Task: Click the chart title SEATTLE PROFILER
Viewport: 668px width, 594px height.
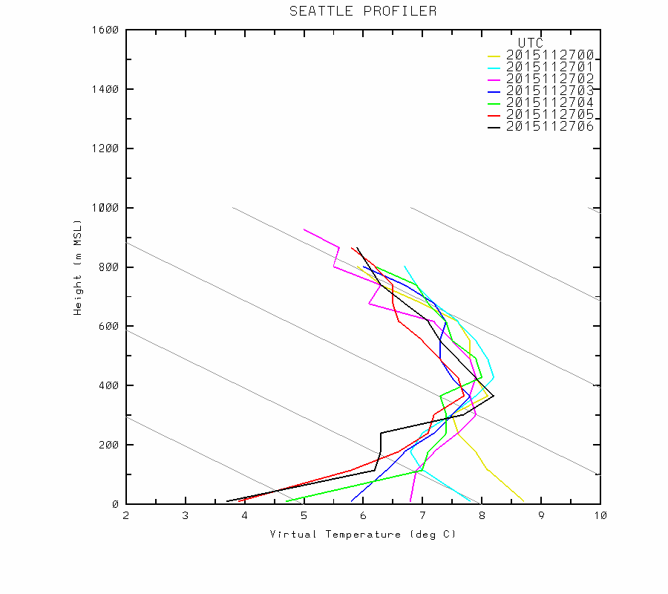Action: tap(363, 11)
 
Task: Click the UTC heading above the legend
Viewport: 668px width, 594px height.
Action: tap(531, 43)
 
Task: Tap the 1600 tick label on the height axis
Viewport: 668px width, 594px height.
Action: tap(105, 30)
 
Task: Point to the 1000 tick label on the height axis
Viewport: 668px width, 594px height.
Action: tap(105, 208)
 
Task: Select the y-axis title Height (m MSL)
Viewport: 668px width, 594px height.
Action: tap(77, 267)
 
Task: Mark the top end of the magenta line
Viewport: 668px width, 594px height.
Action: tap(304, 229)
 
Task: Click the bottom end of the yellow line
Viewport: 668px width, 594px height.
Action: tap(523, 501)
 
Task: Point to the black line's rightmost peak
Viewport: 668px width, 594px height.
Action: tap(493, 396)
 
